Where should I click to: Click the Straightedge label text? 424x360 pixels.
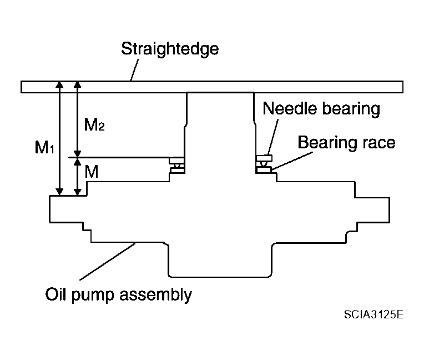[170, 49]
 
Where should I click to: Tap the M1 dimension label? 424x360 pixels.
[44, 148]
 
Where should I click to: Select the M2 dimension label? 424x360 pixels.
[94, 125]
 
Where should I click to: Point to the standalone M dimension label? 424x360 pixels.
[92, 172]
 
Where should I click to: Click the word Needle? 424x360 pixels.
[290, 108]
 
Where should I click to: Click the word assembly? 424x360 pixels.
[155, 295]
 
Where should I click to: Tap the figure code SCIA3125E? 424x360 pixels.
[373, 314]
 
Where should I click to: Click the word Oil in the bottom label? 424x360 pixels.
[55, 294]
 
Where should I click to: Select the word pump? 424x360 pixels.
[93, 296]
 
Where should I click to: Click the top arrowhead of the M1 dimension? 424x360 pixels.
[59, 84]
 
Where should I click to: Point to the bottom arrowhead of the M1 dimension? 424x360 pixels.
[59, 192]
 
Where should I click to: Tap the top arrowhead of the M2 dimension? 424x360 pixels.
[78, 84]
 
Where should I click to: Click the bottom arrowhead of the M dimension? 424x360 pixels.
[78, 192]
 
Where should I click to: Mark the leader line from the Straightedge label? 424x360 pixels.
[134, 70]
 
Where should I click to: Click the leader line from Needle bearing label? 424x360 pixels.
[273, 137]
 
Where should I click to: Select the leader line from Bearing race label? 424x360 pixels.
[292, 161]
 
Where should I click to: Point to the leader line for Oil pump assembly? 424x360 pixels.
[107, 262]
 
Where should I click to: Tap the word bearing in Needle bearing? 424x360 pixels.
[351, 109]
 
